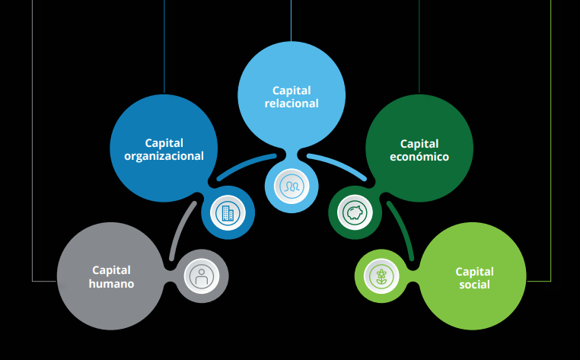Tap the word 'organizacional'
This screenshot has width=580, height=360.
pyautogui.click(x=164, y=156)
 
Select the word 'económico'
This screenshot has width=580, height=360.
pyautogui.click(x=419, y=157)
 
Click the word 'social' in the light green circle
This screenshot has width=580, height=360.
pyautogui.click(x=474, y=285)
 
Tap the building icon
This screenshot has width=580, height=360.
pyautogui.click(x=227, y=212)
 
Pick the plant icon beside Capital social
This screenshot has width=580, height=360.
pyautogui.click(x=381, y=276)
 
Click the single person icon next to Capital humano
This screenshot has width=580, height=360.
pyautogui.click(x=202, y=276)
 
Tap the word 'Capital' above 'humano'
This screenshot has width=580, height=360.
pyautogui.click(x=111, y=270)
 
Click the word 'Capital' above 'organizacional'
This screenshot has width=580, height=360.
pyautogui.click(x=164, y=142)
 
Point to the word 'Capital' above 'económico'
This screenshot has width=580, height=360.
pyautogui.click(x=419, y=143)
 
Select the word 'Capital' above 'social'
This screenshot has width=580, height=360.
pyautogui.click(x=474, y=271)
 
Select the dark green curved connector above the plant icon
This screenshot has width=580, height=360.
pyautogui.click(x=400, y=228)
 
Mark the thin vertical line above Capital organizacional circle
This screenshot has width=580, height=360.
pyautogui.click(x=164, y=46)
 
